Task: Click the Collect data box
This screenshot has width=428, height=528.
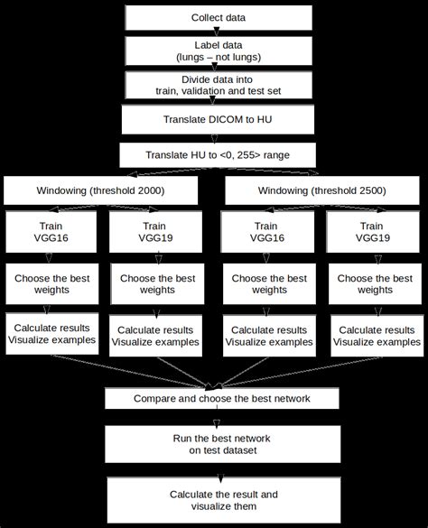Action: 218,18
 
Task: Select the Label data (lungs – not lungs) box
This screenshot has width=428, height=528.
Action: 218,51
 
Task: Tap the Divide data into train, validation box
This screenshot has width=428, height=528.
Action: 218,85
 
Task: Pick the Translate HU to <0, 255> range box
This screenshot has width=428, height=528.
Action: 218,154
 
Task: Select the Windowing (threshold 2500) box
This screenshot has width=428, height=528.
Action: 321,191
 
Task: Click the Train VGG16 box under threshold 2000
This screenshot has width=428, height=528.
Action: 51,232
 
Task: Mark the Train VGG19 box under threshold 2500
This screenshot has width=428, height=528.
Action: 373,232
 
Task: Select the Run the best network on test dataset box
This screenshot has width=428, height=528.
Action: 223,444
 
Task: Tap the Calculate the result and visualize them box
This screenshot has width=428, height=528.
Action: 223,500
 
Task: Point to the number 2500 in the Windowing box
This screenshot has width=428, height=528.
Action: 376,191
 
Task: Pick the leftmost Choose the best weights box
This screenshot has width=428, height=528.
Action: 51,285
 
